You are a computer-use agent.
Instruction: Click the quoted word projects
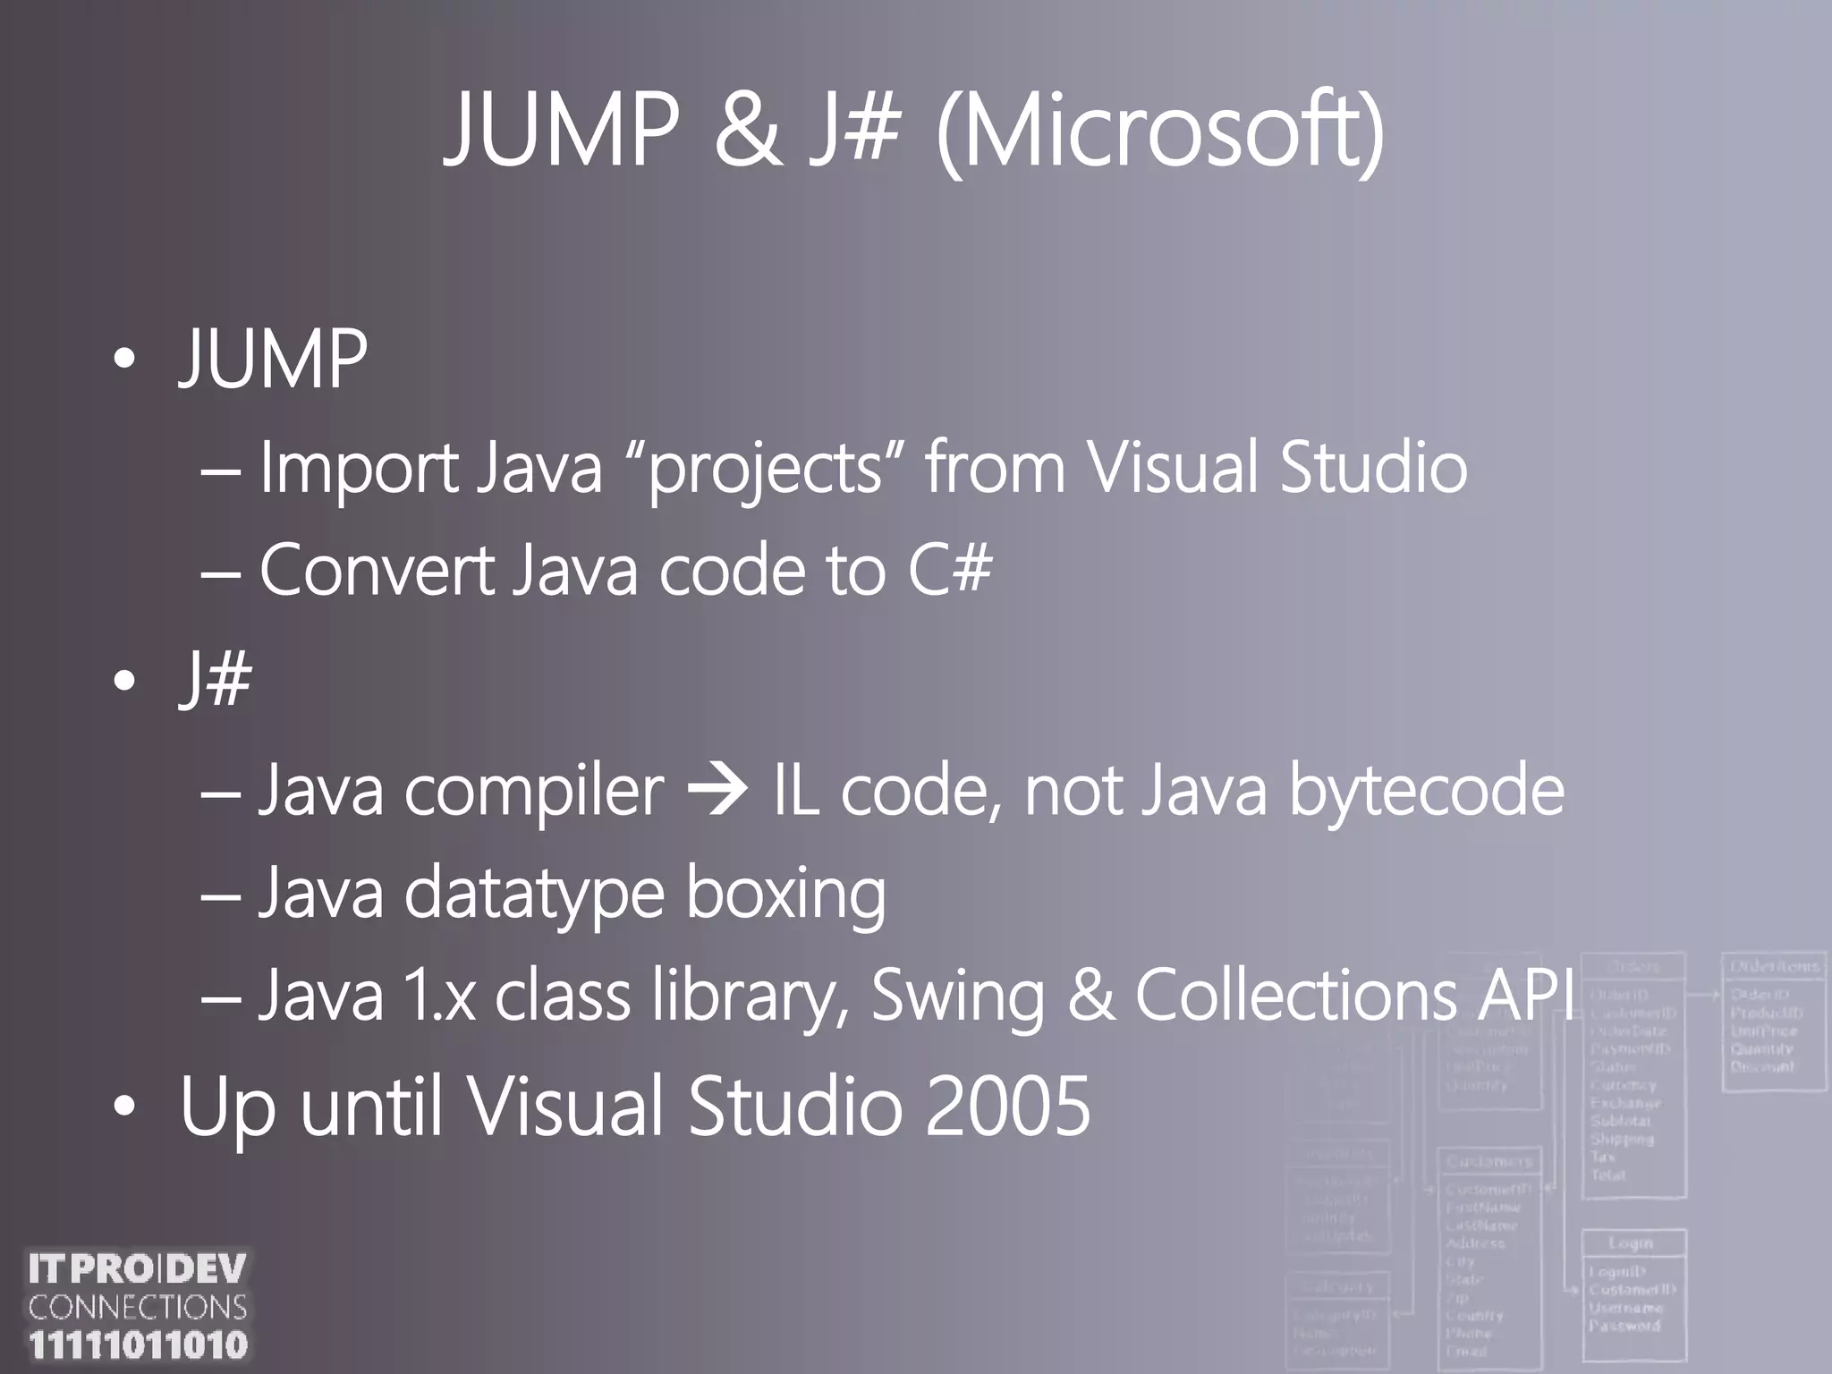[765, 469]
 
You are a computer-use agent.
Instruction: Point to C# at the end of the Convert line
[950, 570]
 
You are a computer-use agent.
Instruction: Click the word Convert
[377, 570]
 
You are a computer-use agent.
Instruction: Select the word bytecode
[1426, 791]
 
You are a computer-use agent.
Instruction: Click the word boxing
[785, 894]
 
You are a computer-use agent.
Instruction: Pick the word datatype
[534, 894]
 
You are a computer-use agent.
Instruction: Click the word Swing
[957, 995]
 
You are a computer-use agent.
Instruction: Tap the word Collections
[1296, 995]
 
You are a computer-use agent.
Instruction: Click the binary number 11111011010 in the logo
[138, 1344]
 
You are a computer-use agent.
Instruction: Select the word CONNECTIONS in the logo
[138, 1308]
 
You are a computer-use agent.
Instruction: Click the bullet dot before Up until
[124, 1109]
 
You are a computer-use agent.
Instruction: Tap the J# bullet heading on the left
[216, 680]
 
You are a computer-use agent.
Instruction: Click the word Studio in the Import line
[1373, 469]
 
